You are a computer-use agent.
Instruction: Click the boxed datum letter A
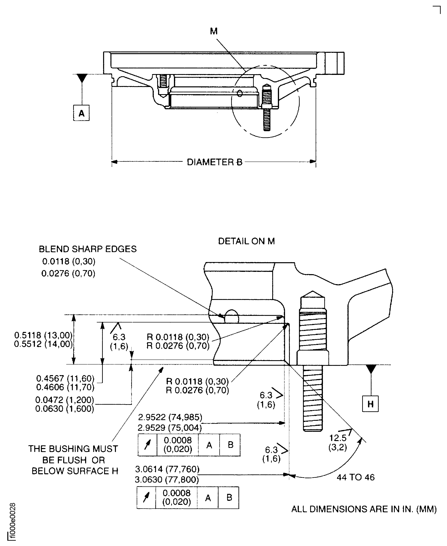(x=81, y=113)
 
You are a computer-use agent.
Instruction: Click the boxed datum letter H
(x=370, y=404)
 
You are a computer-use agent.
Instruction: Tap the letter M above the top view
(x=214, y=31)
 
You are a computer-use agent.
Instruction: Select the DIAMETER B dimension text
(x=215, y=162)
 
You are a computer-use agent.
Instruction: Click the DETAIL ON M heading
(x=246, y=241)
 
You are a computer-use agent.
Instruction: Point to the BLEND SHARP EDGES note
(x=87, y=249)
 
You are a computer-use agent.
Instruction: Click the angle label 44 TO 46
(x=356, y=477)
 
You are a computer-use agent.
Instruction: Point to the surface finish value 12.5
(x=338, y=438)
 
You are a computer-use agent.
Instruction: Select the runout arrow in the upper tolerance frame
(x=147, y=445)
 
